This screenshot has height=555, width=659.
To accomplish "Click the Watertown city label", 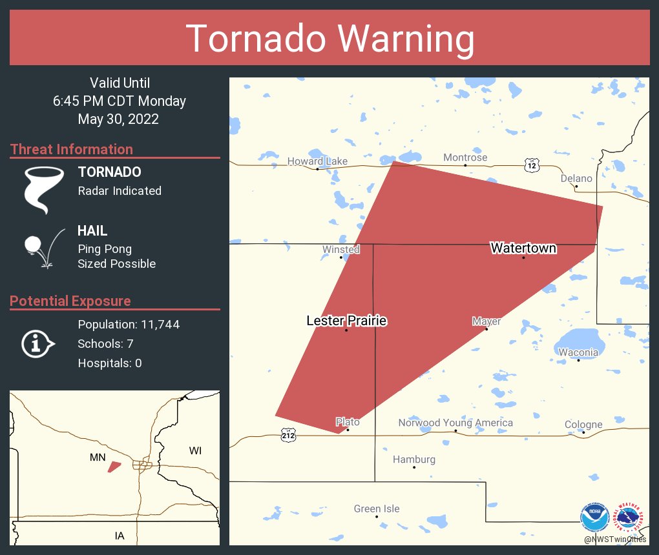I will click(523, 248).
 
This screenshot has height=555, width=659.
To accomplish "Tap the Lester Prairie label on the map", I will click(346, 321).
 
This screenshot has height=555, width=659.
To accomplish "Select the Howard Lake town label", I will click(317, 161).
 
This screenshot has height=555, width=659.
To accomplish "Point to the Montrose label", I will click(465, 157).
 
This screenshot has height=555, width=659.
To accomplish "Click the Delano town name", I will click(576, 179).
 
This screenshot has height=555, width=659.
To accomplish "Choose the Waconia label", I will click(578, 352).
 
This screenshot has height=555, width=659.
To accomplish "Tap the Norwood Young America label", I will click(455, 423).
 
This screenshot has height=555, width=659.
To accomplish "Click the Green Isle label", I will click(377, 509).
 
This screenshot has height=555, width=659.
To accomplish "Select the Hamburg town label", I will click(414, 459).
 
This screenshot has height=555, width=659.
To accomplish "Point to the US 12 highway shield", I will click(531, 165).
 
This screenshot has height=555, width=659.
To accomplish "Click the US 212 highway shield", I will click(288, 436).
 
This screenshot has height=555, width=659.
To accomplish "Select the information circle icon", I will click(37, 344).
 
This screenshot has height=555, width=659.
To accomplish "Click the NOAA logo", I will click(594, 518).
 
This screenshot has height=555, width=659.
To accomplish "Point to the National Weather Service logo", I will click(631, 518).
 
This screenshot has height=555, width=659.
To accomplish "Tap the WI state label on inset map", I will click(195, 450).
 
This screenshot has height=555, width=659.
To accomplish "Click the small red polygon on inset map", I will click(114, 466).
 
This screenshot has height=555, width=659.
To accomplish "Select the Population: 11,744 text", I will click(129, 325).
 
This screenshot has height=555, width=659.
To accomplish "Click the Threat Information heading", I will click(72, 150).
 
